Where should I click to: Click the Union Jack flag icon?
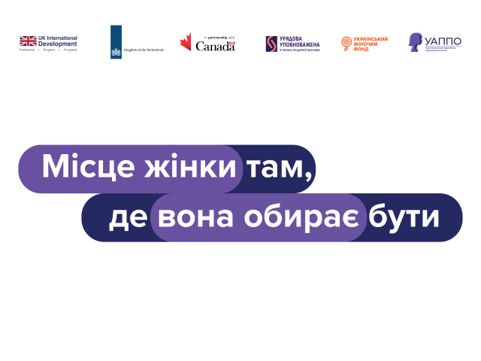click(x=28, y=41)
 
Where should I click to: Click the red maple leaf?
click(x=186, y=44)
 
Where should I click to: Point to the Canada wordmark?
click(x=215, y=46)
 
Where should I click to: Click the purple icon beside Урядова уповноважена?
click(x=271, y=44)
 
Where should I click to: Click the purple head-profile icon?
click(x=416, y=42)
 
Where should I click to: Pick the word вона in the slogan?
click(x=195, y=217)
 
